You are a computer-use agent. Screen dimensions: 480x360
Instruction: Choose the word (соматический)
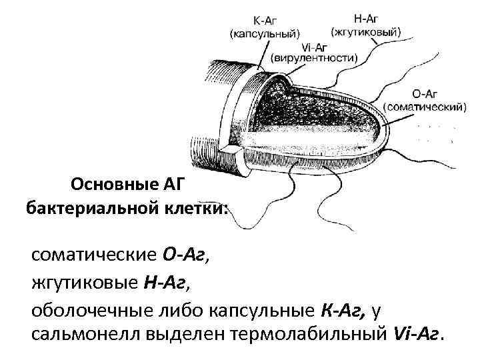click(424, 106)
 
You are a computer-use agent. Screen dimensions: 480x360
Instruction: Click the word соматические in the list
click(93, 255)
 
